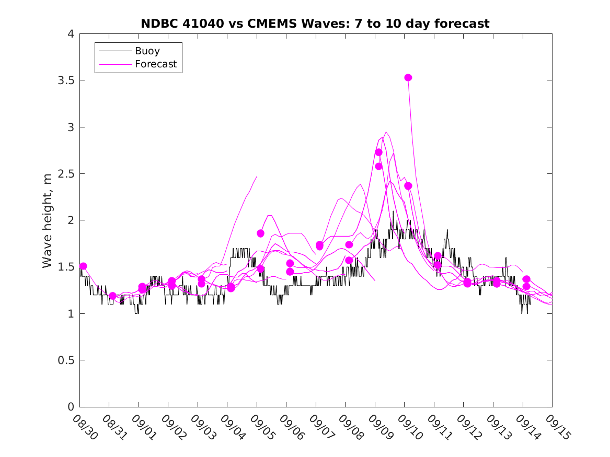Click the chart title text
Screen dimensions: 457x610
point(315,24)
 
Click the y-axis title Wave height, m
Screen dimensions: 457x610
point(48,221)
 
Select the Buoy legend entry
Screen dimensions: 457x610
point(147,51)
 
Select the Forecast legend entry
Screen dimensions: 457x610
point(155,65)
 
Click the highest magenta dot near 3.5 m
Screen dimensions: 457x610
point(408,78)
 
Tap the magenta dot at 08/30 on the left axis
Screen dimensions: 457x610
point(83,266)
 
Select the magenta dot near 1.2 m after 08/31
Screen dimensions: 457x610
point(112,296)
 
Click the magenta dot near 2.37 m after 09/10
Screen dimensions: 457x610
point(408,186)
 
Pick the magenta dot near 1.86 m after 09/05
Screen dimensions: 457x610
point(260,233)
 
